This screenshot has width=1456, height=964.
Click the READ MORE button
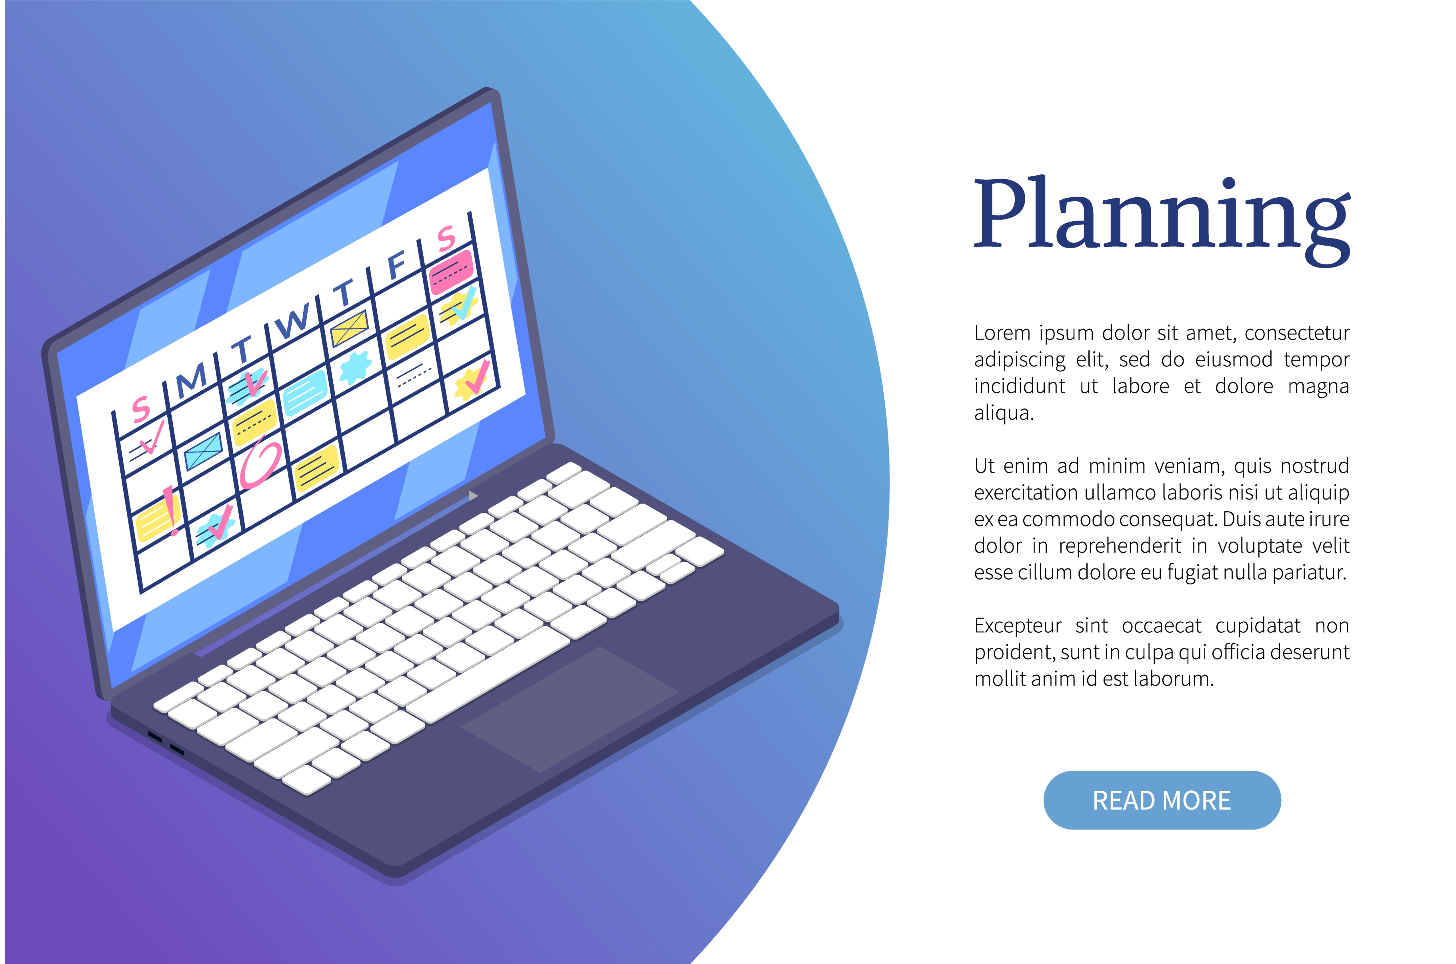1162,800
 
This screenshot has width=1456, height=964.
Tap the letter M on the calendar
191,379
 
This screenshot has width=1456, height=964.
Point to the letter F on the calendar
397,264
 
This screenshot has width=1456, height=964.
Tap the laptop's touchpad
570,710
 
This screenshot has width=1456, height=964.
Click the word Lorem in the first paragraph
1002,333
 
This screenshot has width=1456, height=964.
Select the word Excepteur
1018,626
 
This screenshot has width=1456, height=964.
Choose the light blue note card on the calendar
305,393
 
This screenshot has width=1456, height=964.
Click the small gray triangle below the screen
473,496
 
